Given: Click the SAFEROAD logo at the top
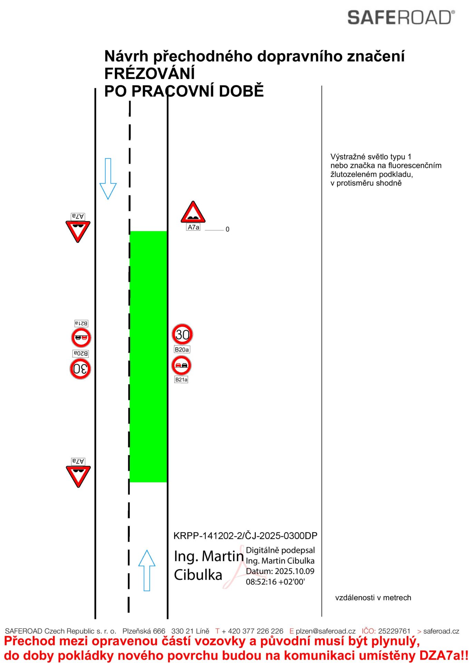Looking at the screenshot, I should pyautogui.click(x=401, y=18).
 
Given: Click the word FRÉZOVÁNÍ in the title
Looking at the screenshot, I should pyautogui.click(x=149, y=74).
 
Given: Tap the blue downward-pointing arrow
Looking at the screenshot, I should pyautogui.click(x=108, y=179).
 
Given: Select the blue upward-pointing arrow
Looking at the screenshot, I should pyautogui.click(x=147, y=570).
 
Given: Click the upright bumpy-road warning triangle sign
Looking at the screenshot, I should pyautogui.click(x=193, y=213).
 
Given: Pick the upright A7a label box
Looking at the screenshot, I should pyautogui.click(x=193, y=227).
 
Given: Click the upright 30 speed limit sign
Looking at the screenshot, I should pyautogui.click(x=182, y=334).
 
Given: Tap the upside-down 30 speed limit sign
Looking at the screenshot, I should pyautogui.click(x=80, y=369).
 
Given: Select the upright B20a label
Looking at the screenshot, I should pyautogui.click(x=182, y=349).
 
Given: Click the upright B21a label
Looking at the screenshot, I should pyautogui.click(x=181, y=379).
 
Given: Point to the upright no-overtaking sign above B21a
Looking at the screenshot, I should pyautogui.click(x=181, y=365).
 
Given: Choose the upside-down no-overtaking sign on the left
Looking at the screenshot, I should pyautogui.click(x=81, y=337).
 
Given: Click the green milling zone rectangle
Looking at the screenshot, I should pyautogui.click(x=148, y=356).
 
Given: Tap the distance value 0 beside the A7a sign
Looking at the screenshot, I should pyautogui.click(x=227, y=229).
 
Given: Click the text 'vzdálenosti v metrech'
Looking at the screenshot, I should pyautogui.click(x=373, y=598).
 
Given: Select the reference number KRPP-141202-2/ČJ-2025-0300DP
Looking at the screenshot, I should pyautogui.click(x=245, y=536).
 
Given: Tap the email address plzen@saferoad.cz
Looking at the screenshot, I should pyautogui.click(x=325, y=631).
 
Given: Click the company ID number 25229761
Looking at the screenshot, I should pyautogui.click(x=394, y=631).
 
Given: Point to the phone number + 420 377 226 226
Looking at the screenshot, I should pyautogui.click(x=252, y=631).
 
